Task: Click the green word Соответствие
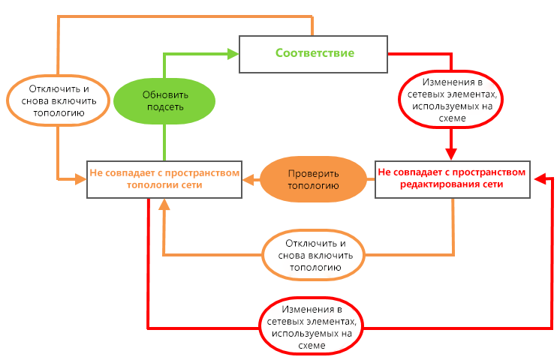(315, 52)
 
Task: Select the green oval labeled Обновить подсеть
(164, 101)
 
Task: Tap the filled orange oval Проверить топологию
(313, 179)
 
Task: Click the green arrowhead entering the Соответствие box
(233, 54)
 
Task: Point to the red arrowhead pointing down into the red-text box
(451, 154)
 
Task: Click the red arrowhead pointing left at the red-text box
(540, 178)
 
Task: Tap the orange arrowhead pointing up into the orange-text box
(164, 205)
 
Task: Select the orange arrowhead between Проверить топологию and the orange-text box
(248, 179)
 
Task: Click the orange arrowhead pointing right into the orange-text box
(80, 178)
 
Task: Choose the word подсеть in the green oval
(165, 107)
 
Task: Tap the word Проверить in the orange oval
(313, 174)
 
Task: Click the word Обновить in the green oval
(165, 95)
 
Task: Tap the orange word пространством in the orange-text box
(202, 173)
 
